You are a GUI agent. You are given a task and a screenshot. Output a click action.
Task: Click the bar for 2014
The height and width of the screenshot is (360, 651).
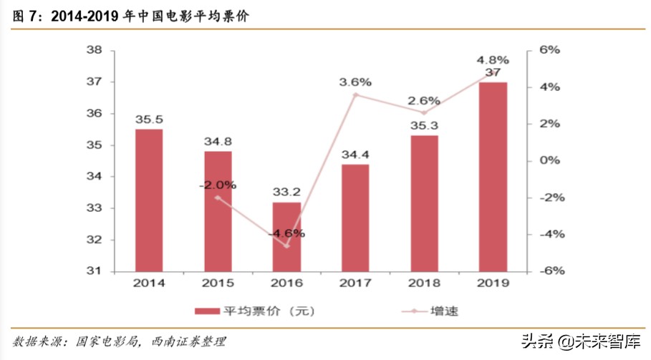pos(149,200)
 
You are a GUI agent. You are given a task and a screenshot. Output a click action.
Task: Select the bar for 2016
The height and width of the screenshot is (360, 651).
pos(286,236)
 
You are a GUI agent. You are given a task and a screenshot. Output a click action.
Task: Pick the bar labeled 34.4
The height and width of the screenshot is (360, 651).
pos(355,218)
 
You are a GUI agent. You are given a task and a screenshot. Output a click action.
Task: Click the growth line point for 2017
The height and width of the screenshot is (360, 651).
pos(355,94)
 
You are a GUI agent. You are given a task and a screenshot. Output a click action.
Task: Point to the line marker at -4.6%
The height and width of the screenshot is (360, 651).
pos(286,245)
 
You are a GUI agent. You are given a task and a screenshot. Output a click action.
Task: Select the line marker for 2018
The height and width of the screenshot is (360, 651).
pos(424,112)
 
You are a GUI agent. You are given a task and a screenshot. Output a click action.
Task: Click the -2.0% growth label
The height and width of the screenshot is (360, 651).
pos(218,185)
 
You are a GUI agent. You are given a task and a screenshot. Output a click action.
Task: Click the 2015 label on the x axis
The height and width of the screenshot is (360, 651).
pos(218,283)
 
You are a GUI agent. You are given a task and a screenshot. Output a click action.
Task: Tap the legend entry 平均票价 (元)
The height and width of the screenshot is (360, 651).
pos(254,311)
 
